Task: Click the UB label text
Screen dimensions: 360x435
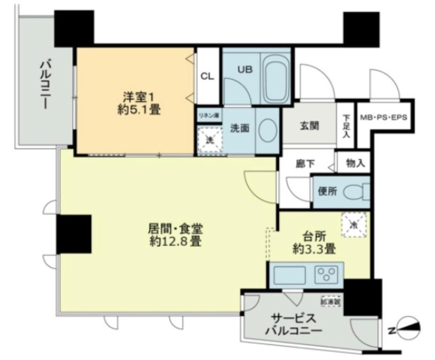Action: click(x=244, y=69)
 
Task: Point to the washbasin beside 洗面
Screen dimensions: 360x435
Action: click(x=268, y=130)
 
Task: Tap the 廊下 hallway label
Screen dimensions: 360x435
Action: click(x=305, y=165)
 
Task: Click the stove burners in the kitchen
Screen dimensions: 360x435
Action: click(x=326, y=275)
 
